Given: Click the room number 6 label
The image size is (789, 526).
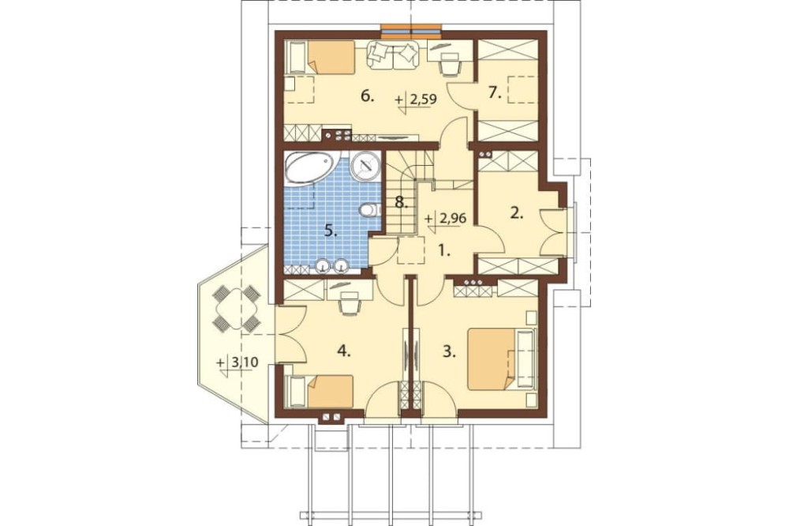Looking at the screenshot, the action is (368, 96).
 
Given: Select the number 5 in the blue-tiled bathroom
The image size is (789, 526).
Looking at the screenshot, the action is (331, 231).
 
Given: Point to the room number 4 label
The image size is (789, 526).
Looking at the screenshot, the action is (344, 351).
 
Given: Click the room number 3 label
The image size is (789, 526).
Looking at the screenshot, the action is (450, 351).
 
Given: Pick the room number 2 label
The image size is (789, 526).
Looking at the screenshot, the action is (518, 213).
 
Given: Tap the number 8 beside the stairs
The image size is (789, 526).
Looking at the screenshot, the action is (401, 202).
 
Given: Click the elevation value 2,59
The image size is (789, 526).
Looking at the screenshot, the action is (423, 100).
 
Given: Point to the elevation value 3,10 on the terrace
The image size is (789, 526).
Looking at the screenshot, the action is (243, 362).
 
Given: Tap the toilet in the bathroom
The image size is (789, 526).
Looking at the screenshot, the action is (368, 209).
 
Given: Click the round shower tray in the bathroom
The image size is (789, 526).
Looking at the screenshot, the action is (365, 167).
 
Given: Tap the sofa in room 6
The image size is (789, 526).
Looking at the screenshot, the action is (394, 55).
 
